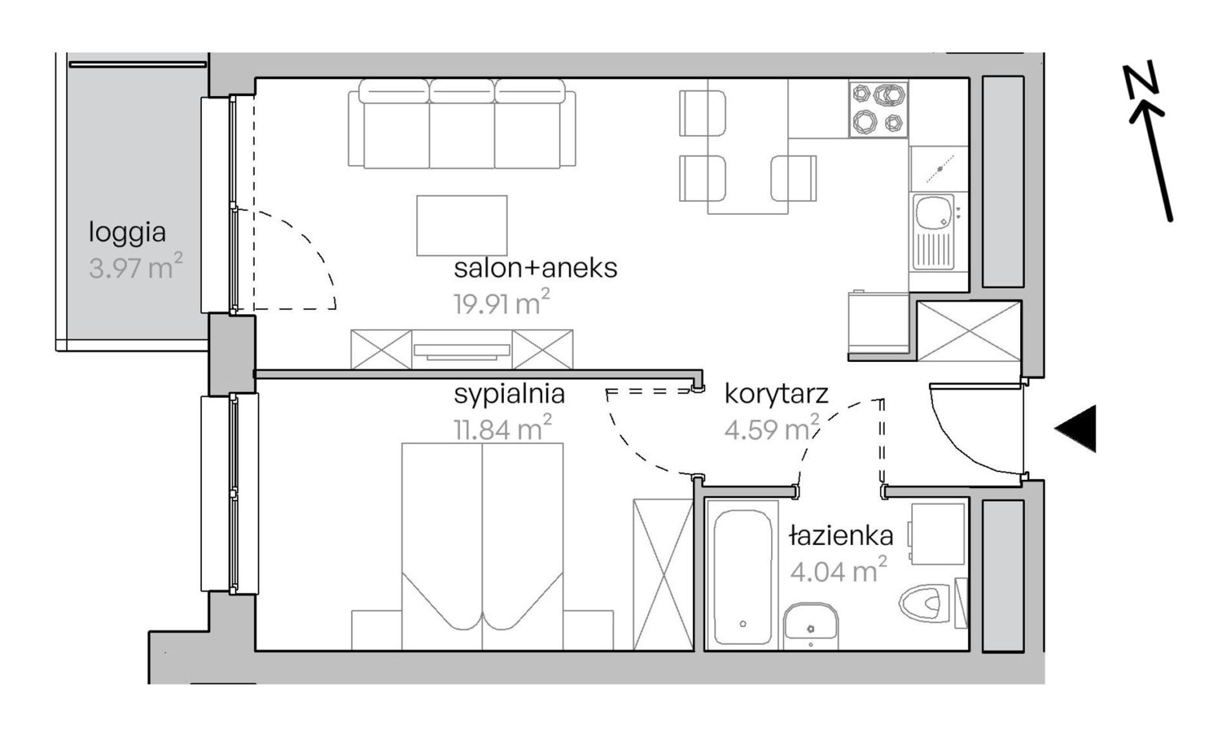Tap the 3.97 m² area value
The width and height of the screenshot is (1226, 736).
tap(136, 266)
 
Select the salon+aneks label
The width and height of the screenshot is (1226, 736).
tap(536, 268)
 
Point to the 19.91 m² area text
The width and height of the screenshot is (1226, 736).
tap(502, 303)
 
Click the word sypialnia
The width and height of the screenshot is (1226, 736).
tap(509, 394)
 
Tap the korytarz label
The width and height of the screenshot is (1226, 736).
tap(776, 393)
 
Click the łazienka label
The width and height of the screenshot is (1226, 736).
tap(841, 535)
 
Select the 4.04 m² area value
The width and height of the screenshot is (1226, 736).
tap(838, 570)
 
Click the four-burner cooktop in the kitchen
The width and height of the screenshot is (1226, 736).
tap(878, 109)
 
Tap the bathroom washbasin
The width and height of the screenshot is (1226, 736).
tap(810, 626)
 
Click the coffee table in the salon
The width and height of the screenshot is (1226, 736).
tap(462, 226)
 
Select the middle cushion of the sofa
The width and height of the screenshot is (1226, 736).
tap(462, 124)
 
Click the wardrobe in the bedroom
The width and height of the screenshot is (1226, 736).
tap(663, 574)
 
